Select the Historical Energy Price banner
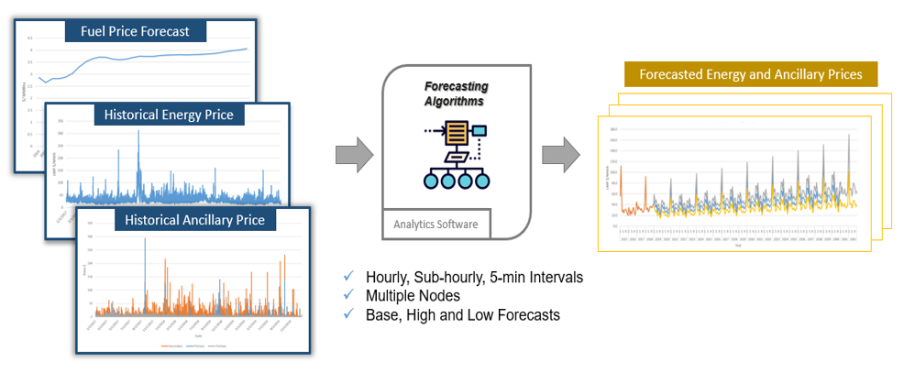[x=168, y=115]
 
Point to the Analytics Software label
[x=436, y=223]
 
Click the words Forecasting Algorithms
[x=456, y=93]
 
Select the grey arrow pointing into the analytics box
[x=355, y=154]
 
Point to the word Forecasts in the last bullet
[x=528, y=315]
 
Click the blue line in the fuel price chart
[x=138, y=59]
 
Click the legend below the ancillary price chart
[x=193, y=346]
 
